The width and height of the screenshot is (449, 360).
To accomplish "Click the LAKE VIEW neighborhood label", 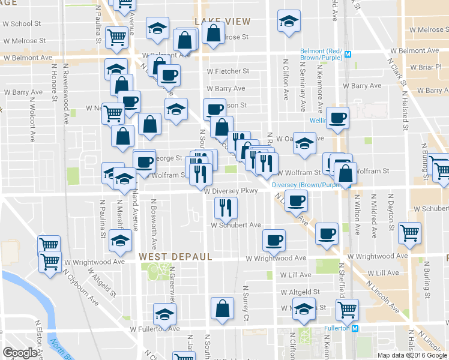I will click(x=222, y=22).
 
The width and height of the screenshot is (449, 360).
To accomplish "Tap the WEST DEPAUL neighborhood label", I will click(x=176, y=257).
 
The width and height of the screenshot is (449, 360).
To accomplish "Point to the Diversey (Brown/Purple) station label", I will click(x=306, y=185).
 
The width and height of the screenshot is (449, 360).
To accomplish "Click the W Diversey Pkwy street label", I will click(x=231, y=191).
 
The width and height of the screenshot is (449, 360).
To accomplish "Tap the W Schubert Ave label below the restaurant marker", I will click(x=235, y=225).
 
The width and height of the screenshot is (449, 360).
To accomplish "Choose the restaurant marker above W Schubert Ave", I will click(x=226, y=208).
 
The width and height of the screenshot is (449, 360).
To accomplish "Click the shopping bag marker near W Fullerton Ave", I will click(x=222, y=308).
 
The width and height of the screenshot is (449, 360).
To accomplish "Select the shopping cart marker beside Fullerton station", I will click(x=347, y=310).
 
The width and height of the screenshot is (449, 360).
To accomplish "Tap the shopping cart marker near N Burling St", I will click(x=410, y=232).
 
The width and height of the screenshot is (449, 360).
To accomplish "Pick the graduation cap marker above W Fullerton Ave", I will click(x=164, y=314).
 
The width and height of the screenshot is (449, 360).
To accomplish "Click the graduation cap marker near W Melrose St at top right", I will click(x=289, y=21).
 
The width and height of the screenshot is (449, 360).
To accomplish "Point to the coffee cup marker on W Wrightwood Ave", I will click(x=274, y=240).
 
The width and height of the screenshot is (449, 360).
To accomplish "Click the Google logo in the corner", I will click(x=20, y=353).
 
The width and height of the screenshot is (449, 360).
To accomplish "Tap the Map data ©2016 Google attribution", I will click(x=412, y=355).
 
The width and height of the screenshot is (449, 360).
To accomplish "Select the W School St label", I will click(x=22, y=24).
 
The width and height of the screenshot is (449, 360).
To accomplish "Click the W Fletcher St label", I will click(x=228, y=71).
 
